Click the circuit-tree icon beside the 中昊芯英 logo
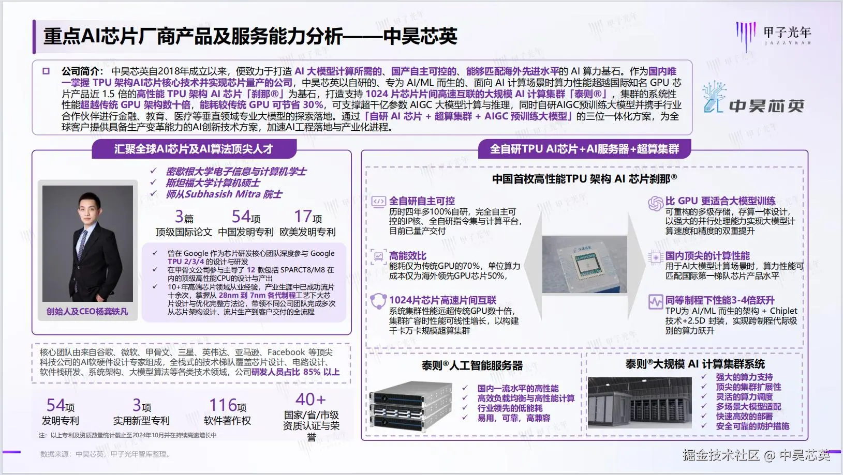click(x=714, y=97)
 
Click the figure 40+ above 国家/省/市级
click(x=310, y=400)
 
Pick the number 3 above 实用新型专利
click(x=137, y=405)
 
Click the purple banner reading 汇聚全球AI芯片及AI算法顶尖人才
click(x=194, y=149)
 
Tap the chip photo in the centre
click(x=584, y=265)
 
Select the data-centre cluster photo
click(x=640, y=403)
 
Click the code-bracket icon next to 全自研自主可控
click(x=379, y=202)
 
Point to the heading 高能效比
click(x=408, y=256)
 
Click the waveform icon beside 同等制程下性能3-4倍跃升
click(x=656, y=302)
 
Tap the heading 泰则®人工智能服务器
click(x=472, y=365)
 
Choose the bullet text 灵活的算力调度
click(x=744, y=397)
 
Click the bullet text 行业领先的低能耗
click(x=510, y=408)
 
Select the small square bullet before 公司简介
click(x=46, y=71)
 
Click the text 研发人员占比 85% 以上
click(x=295, y=372)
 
